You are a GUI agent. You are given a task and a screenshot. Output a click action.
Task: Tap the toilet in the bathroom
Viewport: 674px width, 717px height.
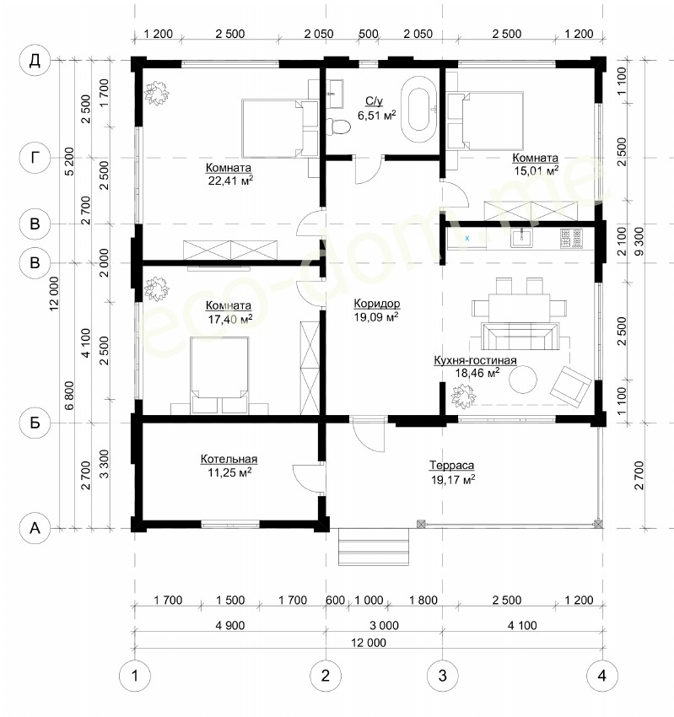pyautogui.click(x=338, y=127)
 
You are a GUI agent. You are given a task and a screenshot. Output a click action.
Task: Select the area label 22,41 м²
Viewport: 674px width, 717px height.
pyautogui.click(x=230, y=181)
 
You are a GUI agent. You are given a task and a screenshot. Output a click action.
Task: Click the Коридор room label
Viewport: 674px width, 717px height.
pyautogui.click(x=377, y=303)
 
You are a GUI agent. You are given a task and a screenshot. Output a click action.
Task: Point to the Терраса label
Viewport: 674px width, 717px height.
pyautogui.click(x=451, y=465)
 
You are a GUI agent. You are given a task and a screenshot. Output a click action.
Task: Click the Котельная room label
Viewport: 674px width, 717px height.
pyautogui.click(x=229, y=459)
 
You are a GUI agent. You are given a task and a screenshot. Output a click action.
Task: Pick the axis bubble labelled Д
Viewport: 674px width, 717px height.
pyautogui.click(x=35, y=60)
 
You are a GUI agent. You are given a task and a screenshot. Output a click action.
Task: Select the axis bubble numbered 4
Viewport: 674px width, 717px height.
pyautogui.click(x=601, y=676)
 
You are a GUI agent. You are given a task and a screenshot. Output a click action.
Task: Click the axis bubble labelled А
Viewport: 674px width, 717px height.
pyautogui.click(x=35, y=528)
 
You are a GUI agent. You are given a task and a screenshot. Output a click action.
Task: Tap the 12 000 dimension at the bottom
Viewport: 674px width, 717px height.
pyautogui.click(x=369, y=643)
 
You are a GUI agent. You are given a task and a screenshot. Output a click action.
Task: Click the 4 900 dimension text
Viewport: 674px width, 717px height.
pyautogui.click(x=230, y=625)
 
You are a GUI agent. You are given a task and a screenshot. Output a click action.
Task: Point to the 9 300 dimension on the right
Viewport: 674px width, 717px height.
pyautogui.click(x=639, y=241)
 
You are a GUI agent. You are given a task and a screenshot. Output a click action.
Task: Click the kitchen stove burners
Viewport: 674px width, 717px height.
pyautogui.click(x=571, y=238)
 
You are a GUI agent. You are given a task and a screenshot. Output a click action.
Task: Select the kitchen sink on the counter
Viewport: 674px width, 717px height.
pyautogui.click(x=521, y=237)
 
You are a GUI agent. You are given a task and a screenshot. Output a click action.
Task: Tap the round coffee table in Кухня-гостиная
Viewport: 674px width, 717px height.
pyautogui.click(x=524, y=379)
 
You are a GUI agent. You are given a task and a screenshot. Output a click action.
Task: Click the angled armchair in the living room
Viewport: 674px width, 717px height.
pyautogui.click(x=570, y=385)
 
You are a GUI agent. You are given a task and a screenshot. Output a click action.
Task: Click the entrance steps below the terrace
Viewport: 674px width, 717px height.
pyautogui.click(x=374, y=547)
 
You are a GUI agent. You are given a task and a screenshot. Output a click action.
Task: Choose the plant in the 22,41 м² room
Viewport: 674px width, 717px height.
pyautogui.click(x=157, y=93)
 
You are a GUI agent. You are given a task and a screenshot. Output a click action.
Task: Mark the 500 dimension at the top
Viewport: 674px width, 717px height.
pyautogui.click(x=368, y=34)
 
